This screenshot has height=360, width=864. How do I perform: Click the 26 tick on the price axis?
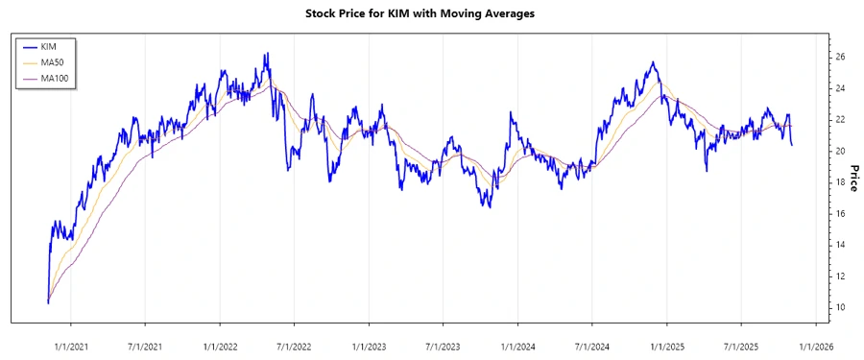[840, 58]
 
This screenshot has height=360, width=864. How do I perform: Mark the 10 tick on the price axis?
[840, 307]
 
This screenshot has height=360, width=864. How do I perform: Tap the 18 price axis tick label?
[840, 182]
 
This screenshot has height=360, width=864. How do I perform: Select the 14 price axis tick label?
[840, 245]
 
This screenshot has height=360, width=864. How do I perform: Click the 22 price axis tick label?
[840, 120]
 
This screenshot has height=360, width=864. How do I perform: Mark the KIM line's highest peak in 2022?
[266, 54]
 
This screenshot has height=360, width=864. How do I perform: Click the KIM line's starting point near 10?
[48, 302]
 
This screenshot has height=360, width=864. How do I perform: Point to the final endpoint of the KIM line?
[792, 145]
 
